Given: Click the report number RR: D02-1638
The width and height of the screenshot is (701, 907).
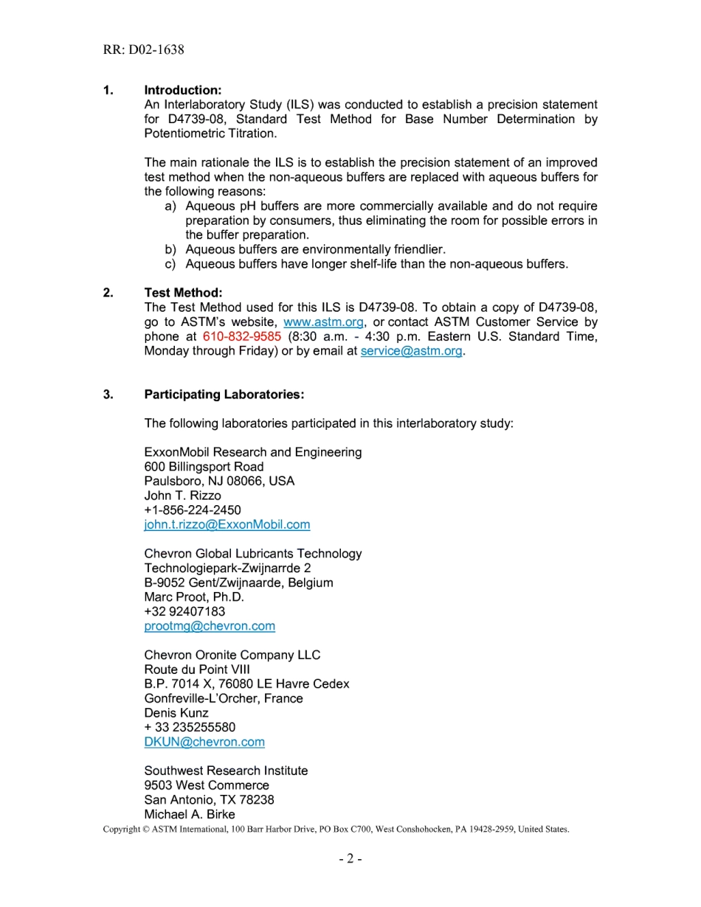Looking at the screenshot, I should pyautogui.click(x=144, y=50).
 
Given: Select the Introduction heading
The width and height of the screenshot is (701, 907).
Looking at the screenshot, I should pyautogui.click(x=182, y=90).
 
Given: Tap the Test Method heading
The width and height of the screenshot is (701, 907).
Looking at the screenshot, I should pyautogui.click(x=183, y=293).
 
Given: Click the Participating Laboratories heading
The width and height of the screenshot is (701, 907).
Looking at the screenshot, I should pyautogui.click(x=224, y=395).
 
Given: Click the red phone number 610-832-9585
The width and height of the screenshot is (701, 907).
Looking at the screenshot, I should pyautogui.click(x=241, y=336).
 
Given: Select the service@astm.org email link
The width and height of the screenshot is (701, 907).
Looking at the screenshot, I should pyautogui.click(x=411, y=351).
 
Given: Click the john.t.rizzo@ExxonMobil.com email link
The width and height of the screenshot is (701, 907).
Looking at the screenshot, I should pyautogui.click(x=227, y=524).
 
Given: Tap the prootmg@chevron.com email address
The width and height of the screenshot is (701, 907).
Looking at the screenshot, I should pyautogui.click(x=210, y=626).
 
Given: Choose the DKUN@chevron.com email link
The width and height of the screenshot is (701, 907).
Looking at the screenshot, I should pyautogui.click(x=204, y=742).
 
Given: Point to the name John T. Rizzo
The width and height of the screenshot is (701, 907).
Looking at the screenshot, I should pyautogui.click(x=182, y=496).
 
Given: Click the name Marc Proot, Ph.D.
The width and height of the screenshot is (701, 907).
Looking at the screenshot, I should pyautogui.click(x=193, y=597).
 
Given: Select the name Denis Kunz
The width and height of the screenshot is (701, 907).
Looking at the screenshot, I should pyautogui.click(x=176, y=713).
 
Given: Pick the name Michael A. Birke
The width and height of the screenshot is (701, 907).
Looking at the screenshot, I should pyautogui.click(x=190, y=814).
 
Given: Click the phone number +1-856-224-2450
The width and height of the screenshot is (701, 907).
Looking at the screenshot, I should pyautogui.click(x=192, y=510).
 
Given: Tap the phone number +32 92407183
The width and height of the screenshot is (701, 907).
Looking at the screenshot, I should pyautogui.click(x=184, y=611).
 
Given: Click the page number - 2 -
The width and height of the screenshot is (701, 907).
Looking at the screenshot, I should pyautogui.click(x=350, y=858).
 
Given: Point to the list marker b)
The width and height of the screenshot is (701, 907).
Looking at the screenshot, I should pyautogui.click(x=171, y=249).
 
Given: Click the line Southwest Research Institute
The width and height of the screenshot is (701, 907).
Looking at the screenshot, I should pyautogui.click(x=226, y=771).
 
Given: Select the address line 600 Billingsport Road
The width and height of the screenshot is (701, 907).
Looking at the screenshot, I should pyautogui.click(x=204, y=467).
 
